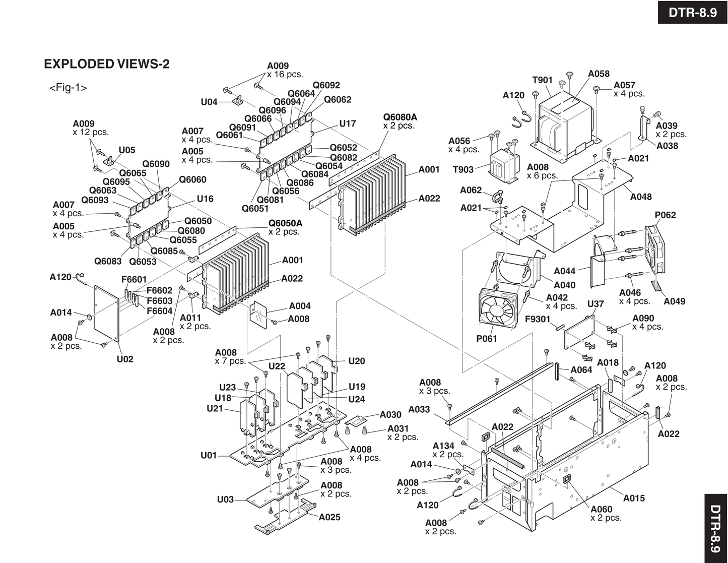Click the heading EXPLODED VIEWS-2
[107, 64]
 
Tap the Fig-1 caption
[68, 88]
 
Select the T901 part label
[542, 80]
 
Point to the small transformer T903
[504, 162]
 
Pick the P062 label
[665, 215]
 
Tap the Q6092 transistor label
[326, 86]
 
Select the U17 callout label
[347, 123]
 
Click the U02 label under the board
[125, 359]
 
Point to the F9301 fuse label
[538, 319]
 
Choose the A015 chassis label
[634, 498]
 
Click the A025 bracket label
[329, 517]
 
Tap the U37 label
[595, 304]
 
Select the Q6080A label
[400, 117]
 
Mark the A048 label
[641, 197]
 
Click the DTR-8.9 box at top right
[693, 12]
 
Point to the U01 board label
[209, 456]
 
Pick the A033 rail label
[419, 410]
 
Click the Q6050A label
[285, 223]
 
